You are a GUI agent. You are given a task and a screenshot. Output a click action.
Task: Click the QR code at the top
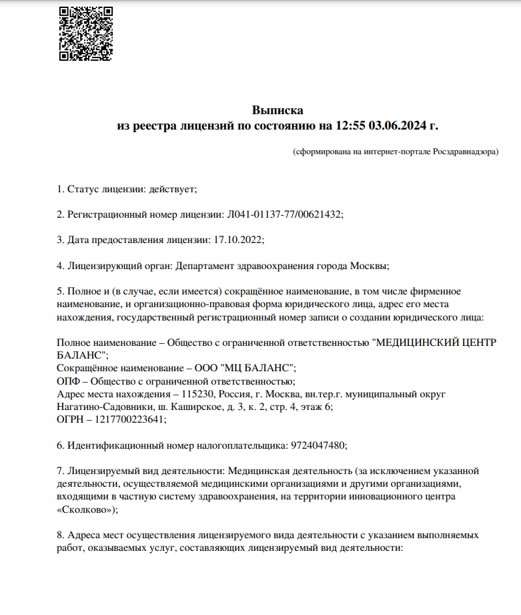(85, 34)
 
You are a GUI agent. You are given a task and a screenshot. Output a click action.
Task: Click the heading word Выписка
(278, 110)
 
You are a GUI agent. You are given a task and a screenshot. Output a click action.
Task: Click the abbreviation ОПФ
(69, 381)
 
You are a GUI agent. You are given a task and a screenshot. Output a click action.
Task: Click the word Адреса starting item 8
(83, 535)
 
